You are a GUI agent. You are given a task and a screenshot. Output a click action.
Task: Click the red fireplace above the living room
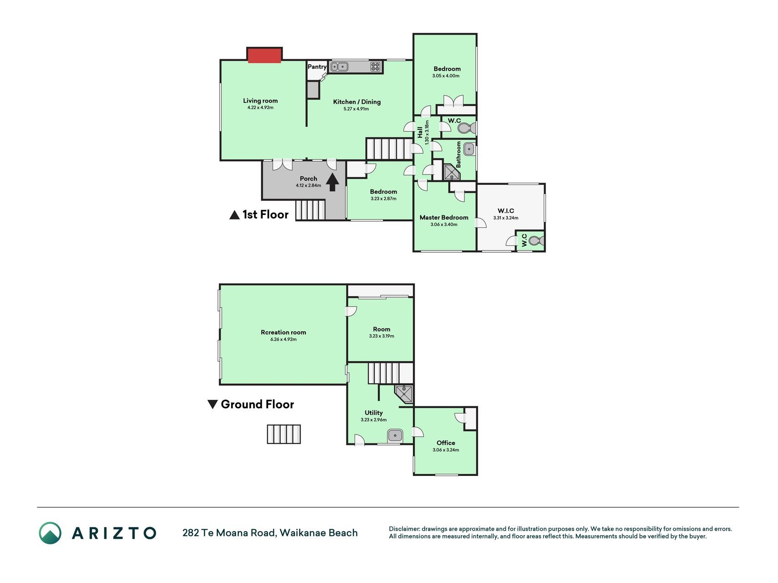coord(264,55)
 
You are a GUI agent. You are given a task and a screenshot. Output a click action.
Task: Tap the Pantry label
coord(317,67)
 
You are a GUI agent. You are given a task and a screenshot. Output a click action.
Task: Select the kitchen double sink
coord(339,67)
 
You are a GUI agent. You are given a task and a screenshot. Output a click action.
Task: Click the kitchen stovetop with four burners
coord(375,67)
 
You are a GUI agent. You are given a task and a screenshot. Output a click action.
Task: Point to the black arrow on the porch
coord(333,182)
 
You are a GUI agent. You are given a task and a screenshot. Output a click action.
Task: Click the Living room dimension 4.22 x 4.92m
coord(260,108)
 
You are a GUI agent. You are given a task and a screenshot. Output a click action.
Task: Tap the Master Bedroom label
coord(444,218)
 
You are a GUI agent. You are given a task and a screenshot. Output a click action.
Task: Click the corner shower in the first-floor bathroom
coord(452,173)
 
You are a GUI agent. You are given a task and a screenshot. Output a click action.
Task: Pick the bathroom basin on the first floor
coord(469,148)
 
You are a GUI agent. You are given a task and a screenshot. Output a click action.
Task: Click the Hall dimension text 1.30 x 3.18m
coord(427,132)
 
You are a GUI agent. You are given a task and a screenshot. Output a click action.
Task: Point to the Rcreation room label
coord(283,332)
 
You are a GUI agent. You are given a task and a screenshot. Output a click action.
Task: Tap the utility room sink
coord(395,435)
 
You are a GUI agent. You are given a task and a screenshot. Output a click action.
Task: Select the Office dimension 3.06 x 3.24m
coord(446,450)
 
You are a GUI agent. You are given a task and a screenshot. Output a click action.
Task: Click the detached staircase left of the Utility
coord(284,434)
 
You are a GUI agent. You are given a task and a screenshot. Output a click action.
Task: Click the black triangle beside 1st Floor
coord(234,215)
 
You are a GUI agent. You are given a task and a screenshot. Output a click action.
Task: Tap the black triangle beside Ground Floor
coord(212,404)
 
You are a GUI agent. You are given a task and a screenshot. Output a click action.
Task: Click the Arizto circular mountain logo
coord(50,533)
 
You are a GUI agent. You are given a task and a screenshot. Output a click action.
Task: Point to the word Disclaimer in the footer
coord(404,529)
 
